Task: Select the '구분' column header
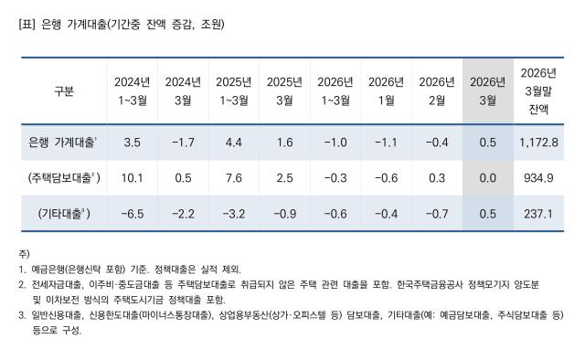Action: pos(63,90)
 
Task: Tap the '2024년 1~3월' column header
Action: pos(132,90)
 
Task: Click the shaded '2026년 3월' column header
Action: pos(487,90)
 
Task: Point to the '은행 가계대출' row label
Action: pos(63,143)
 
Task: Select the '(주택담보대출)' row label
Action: pos(63,178)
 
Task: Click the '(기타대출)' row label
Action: pos(63,214)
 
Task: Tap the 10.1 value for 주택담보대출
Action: pos(132,178)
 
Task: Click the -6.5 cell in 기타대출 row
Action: pos(132,214)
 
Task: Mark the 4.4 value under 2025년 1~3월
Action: pos(233,143)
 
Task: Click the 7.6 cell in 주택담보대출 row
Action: pos(233,178)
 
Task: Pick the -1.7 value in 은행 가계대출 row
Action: pos(183,143)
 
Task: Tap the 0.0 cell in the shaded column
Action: pos(487,178)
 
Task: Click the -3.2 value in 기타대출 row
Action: pos(233,214)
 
